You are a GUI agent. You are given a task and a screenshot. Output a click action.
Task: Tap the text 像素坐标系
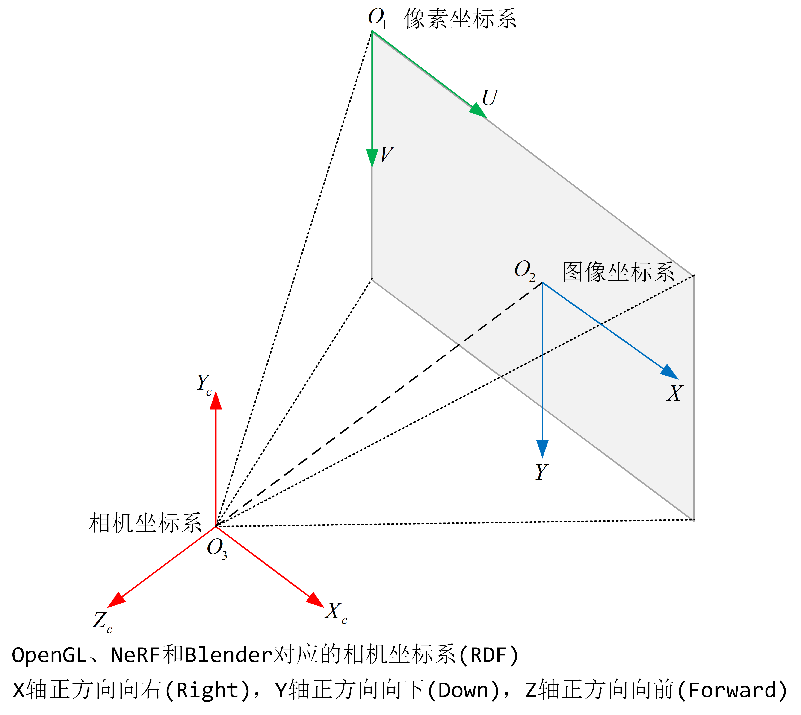click(460, 18)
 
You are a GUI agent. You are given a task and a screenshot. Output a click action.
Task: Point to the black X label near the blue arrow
click(675, 393)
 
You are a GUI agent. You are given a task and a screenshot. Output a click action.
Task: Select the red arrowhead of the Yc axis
click(216, 401)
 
